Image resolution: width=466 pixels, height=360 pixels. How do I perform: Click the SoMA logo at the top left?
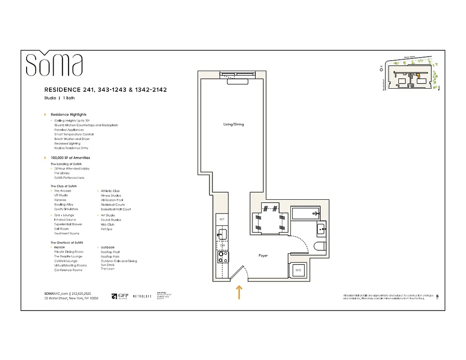[54, 65]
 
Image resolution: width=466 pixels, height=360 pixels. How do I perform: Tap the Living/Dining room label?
[233, 124]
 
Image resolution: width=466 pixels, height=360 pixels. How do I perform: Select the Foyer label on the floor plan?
[263, 256]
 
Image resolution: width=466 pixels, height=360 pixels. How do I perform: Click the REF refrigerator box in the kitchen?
[222, 219]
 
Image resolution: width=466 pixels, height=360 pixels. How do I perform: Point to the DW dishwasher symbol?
[222, 245]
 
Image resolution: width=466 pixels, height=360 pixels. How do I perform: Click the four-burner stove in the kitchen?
[222, 257]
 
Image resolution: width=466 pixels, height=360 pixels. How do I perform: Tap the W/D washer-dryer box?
[298, 270]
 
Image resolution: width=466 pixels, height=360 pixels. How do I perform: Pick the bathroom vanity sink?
[321, 229]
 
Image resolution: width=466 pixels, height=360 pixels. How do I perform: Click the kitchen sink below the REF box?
[222, 233]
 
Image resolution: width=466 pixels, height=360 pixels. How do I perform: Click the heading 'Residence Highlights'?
[68, 115]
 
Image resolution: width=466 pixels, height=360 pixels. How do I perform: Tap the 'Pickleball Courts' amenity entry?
[113, 205]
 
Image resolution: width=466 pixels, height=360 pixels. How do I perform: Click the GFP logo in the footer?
[120, 296]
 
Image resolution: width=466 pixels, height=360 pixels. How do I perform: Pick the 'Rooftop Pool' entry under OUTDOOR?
[110, 252]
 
